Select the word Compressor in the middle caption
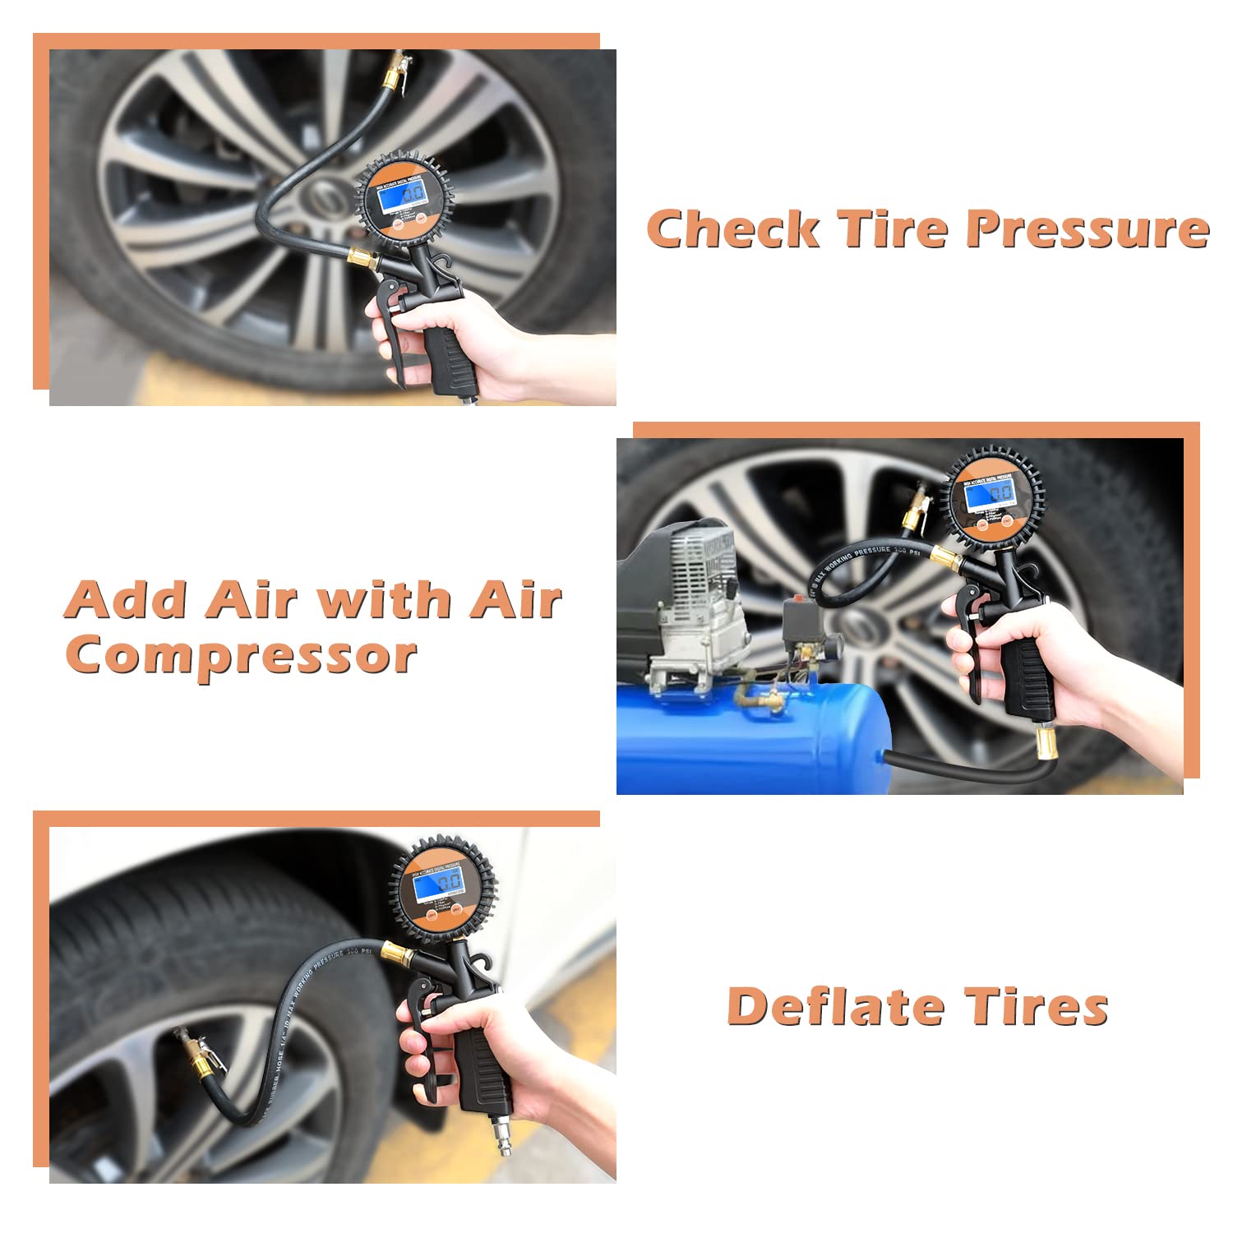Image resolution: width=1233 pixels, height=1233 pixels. pyautogui.click(x=241, y=655)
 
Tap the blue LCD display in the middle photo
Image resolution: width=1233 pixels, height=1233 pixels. pyautogui.click(x=991, y=495)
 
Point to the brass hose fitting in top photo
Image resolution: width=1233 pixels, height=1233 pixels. pyautogui.click(x=362, y=259)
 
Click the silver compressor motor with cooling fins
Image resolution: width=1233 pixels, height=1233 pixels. pyautogui.click(x=699, y=608)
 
